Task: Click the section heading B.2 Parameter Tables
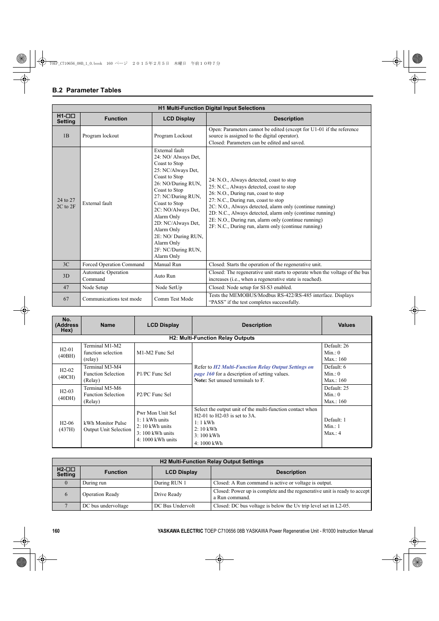pyautogui.click(x=87, y=90)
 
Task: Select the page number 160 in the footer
pyautogui.click(x=56, y=531)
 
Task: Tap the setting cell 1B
pyautogui.click(x=66, y=136)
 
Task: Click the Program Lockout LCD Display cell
pyautogui.click(x=173, y=136)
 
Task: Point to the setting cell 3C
pyautogui.click(x=66, y=264)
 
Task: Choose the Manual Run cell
pyautogui.click(x=168, y=264)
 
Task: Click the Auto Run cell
pyautogui.click(x=165, y=276)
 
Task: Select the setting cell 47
pyautogui.click(x=66, y=287)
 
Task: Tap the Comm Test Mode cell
pyautogui.click(x=173, y=299)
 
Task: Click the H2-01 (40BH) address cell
pyautogui.click(x=67, y=353)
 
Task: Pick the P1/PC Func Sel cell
pyautogui.click(x=154, y=374)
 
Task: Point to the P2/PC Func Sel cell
pyautogui.click(x=154, y=394)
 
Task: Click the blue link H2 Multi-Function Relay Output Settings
pyautogui.click(x=263, y=367)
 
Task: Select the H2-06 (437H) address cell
pyautogui.click(x=67, y=426)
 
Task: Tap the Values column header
pyautogui.click(x=347, y=325)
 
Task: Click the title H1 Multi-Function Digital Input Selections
pyautogui.click(x=211, y=108)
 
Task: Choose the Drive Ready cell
pyautogui.click(x=168, y=494)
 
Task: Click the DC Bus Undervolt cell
pyautogui.click(x=174, y=506)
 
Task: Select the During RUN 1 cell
pyautogui.click(x=170, y=483)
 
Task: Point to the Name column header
pyautogui.click(x=108, y=325)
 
